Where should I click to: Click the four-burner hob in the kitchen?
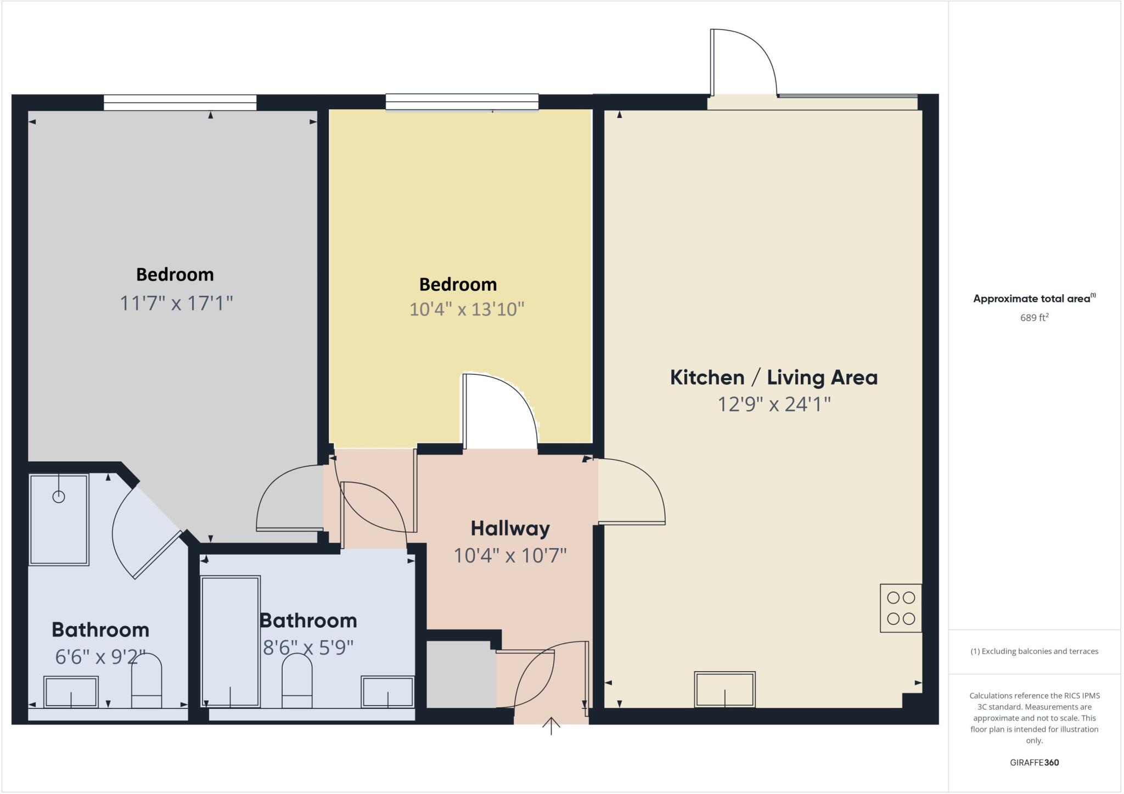pos(901,608)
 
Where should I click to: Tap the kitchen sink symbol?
pos(724,689)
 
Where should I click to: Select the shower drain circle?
pos(59,497)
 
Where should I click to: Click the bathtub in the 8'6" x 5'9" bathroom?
pos(230,641)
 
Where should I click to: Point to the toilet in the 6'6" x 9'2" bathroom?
pos(147,680)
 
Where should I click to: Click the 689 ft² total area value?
pos(1034,318)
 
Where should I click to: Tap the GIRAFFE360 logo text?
pos(1034,762)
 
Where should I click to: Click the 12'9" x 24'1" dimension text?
pos(774,404)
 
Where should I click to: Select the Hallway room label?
pos(510,528)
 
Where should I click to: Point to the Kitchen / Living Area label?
pos(773,378)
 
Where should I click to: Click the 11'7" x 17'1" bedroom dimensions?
pos(176,303)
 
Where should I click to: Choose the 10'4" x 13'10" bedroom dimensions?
pos(467,309)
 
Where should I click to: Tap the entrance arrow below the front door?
pos(551,725)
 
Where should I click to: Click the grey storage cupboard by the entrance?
pos(461,674)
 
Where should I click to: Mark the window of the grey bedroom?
pos(180,103)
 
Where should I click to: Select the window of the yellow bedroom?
pos(462,102)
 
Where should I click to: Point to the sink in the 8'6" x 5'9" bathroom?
pos(387,692)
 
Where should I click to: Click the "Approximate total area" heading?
pos(1034,299)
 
